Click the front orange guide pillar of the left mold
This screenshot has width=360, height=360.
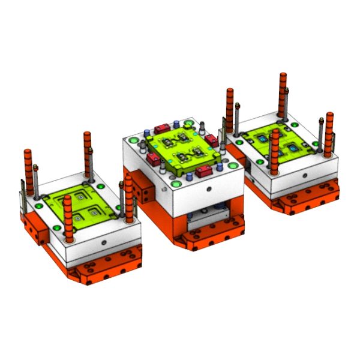point(67,216)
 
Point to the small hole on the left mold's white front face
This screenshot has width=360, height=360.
point(103,242)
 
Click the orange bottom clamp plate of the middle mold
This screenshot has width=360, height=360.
point(213,237)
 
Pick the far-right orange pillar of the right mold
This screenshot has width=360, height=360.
point(328,129)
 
